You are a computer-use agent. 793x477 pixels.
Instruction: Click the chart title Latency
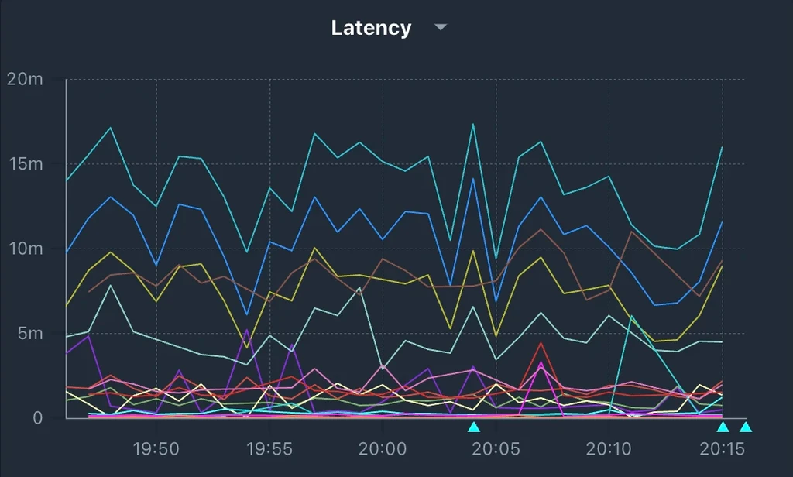(371, 29)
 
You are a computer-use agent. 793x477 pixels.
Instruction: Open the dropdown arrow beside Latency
(440, 28)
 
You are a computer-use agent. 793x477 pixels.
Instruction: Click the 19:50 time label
(156, 448)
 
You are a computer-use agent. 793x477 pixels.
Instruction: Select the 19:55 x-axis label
(269, 448)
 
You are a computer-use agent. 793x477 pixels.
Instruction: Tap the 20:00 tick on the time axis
(383, 448)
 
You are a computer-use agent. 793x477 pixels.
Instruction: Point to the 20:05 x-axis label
(496, 448)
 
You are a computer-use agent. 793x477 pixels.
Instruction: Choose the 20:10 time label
(609, 448)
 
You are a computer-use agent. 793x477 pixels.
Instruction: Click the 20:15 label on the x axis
(722, 448)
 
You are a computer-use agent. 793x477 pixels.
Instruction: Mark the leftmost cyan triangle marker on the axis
(473, 427)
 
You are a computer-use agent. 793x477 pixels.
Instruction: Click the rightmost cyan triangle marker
(745, 427)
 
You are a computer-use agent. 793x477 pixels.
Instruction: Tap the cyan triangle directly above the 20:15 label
(722, 427)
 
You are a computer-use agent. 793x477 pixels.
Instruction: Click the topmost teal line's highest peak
(472, 124)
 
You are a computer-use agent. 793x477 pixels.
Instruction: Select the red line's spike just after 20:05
(541, 343)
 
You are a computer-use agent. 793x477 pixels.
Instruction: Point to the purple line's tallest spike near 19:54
(247, 330)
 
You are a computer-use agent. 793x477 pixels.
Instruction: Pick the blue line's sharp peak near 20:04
(472, 179)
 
